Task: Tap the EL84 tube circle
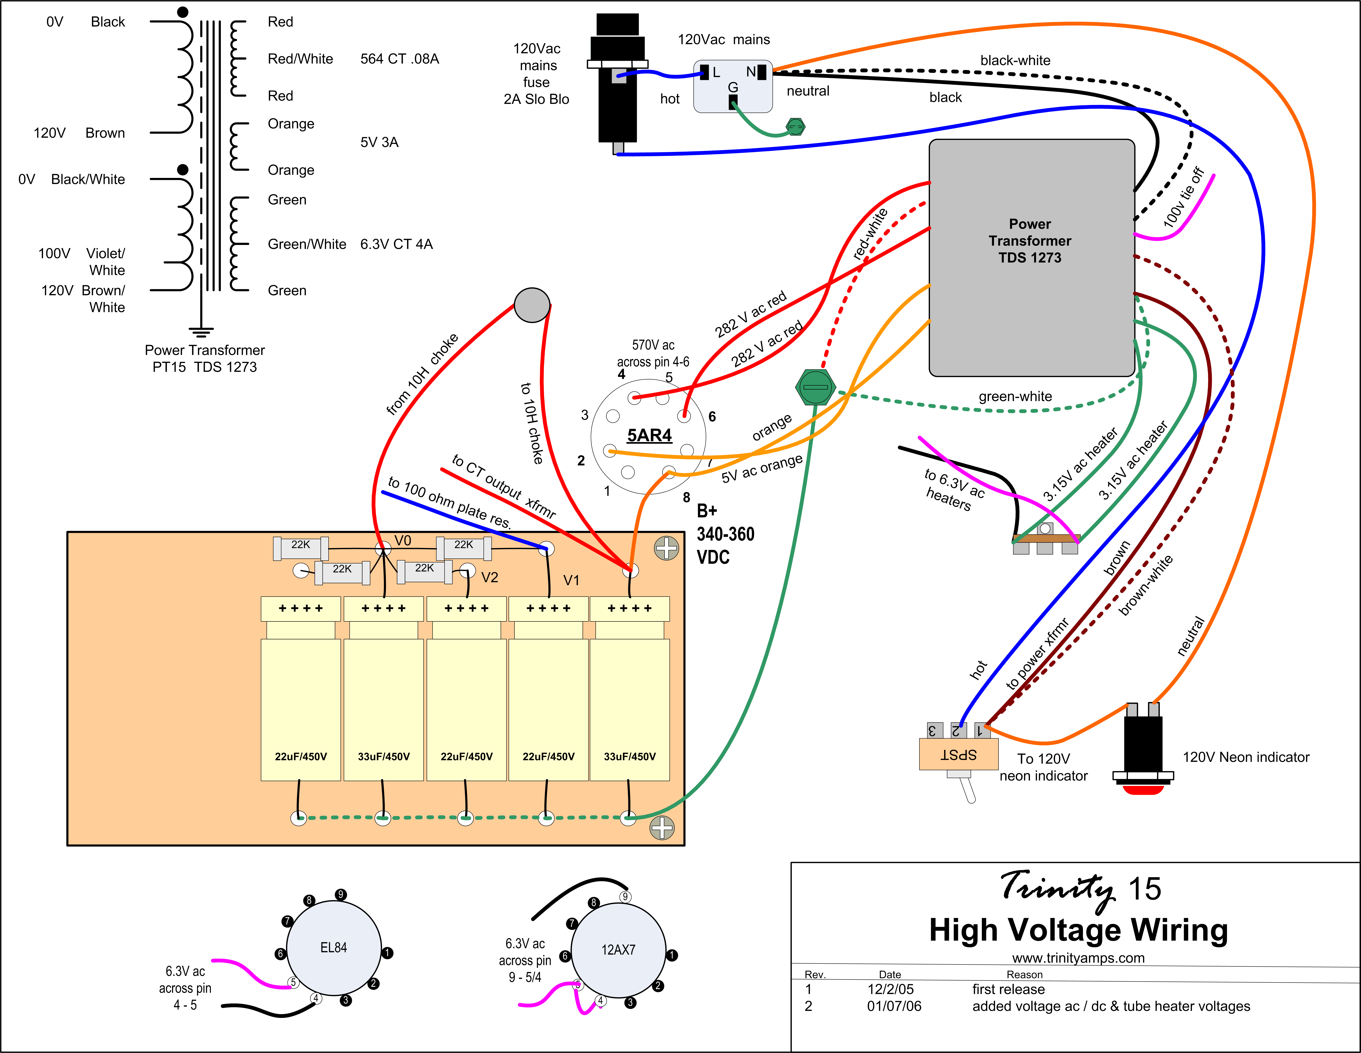(333, 948)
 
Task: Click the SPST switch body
(958, 754)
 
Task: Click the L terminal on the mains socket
(705, 72)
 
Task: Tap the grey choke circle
(532, 305)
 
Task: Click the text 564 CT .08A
(399, 59)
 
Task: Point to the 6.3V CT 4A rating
(396, 244)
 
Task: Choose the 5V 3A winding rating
(379, 142)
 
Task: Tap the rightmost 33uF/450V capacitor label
(629, 756)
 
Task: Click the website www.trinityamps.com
(1078, 958)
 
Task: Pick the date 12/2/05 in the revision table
(891, 989)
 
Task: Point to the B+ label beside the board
(707, 511)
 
